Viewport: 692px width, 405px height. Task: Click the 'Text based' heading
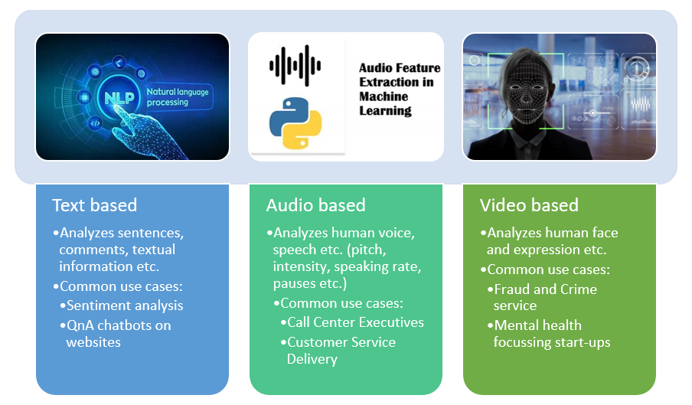pyautogui.click(x=94, y=205)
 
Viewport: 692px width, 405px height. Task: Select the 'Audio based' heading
pyautogui.click(x=315, y=205)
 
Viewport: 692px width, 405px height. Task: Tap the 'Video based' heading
pyautogui.click(x=529, y=205)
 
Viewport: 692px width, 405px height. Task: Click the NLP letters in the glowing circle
pyautogui.click(x=119, y=98)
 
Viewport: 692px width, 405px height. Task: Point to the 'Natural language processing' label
pyautogui.click(x=178, y=97)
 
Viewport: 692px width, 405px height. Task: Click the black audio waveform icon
pyautogui.click(x=295, y=66)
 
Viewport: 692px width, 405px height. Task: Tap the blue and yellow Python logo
pyautogui.click(x=295, y=123)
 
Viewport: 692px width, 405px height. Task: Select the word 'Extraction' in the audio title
pyautogui.click(x=397, y=82)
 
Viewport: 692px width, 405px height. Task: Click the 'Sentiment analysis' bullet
pyautogui.click(x=122, y=305)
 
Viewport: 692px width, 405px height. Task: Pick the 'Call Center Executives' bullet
pyautogui.click(x=351, y=322)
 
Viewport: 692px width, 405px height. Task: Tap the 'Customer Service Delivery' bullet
pyautogui.click(x=338, y=351)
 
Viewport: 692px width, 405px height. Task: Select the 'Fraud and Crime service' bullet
pyautogui.click(x=542, y=297)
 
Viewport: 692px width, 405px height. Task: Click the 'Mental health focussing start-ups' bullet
pyautogui.click(x=549, y=334)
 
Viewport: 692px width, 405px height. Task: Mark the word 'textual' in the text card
pyautogui.click(x=154, y=250)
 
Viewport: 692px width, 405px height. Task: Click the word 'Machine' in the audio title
pyautogui.click(x=384, y=96)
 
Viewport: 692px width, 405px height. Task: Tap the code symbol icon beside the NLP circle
pyautogui.click(x=96, y=123)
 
